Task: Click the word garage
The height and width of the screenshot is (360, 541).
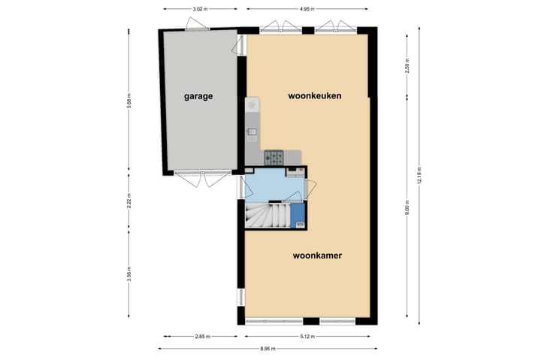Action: point(198,96)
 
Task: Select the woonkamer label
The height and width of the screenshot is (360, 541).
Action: point(317,256)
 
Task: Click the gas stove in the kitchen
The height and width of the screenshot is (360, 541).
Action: point(274,157)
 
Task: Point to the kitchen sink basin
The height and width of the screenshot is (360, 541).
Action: point(252,134)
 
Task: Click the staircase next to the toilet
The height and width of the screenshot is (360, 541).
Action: point(267,216)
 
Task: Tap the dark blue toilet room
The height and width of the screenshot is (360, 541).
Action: point(298,216)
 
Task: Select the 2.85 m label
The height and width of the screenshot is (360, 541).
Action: point(201,337)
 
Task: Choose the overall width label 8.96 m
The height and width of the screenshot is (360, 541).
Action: point(267,349)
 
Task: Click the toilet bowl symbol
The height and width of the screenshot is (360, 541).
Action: point(299,223)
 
